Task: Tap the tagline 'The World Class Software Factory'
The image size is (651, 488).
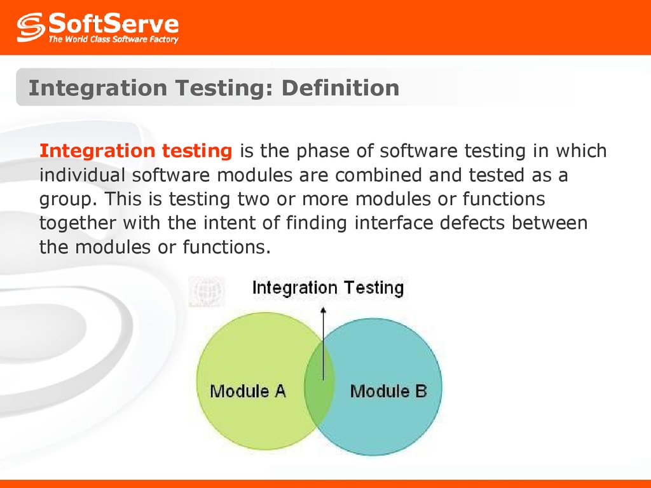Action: [114, 39]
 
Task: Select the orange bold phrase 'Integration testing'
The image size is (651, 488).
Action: [135, 151]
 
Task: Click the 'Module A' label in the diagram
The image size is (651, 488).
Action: [248, 391]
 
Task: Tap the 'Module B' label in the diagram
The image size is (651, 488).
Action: [388, 391]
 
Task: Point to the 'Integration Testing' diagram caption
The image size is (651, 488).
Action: [327, 288]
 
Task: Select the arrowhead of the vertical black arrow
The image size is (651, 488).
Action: [323, 311]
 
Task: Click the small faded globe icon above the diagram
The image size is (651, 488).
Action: [206, 292]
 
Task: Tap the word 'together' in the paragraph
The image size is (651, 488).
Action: [78, 223]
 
